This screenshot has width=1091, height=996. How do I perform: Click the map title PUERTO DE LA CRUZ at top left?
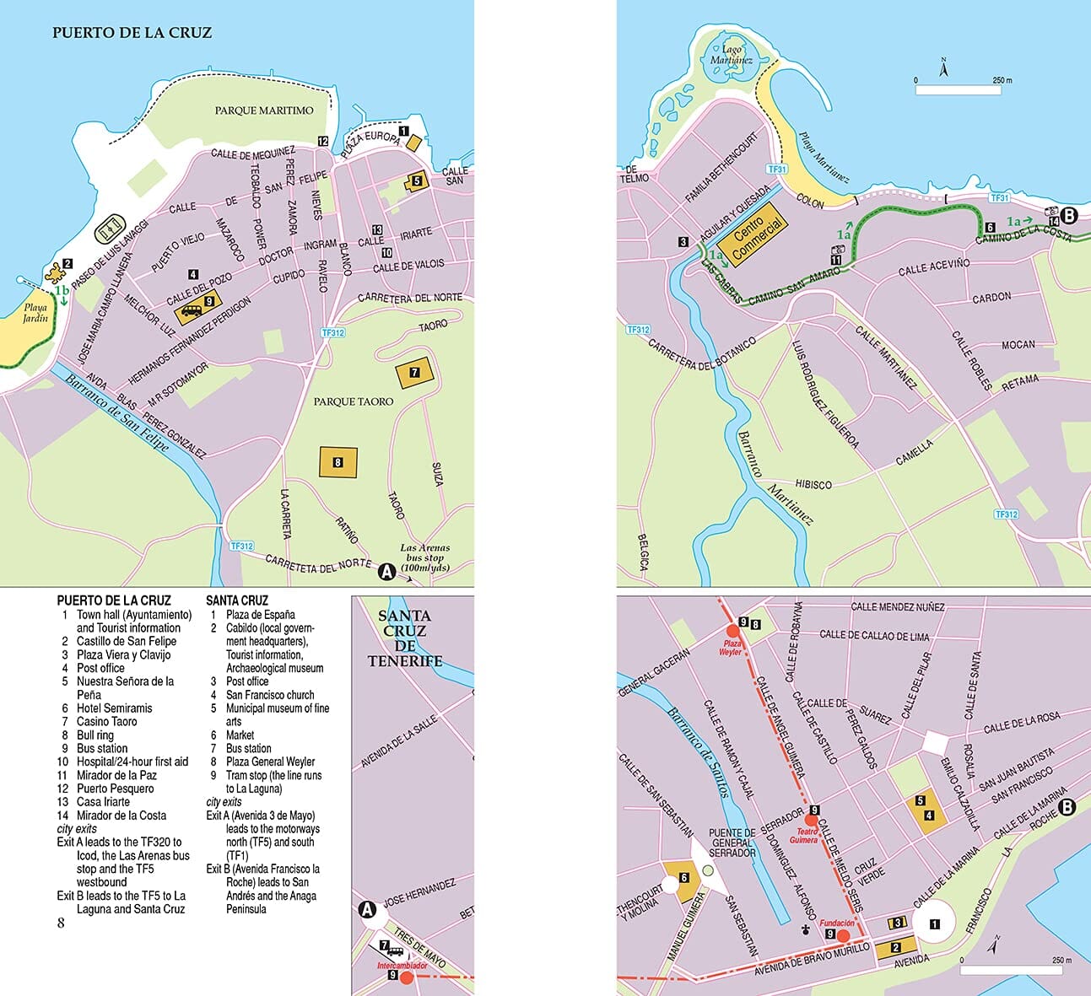tap(132, 33)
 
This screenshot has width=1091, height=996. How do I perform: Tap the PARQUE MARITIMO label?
tap(263, 110)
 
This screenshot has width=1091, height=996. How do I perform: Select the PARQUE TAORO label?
tap(354, 401)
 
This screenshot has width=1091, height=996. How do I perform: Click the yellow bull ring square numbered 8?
tap(338, 462)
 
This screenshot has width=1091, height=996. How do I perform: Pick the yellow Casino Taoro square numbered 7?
tap(414, 372)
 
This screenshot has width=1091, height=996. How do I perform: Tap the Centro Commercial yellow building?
tap(757, 234)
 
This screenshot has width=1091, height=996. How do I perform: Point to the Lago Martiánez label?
tap(731, 55)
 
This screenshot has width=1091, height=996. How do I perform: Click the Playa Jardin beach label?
tap(35, 313)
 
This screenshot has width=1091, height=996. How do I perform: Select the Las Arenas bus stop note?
tap(424, 557)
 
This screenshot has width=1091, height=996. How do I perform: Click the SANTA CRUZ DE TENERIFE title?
tap(405, 638)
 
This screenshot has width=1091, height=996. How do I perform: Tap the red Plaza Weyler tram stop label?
tap(730, 648)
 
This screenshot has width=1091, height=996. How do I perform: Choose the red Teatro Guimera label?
tap(803, 835)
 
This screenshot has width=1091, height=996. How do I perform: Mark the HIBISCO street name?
tap(813, 485)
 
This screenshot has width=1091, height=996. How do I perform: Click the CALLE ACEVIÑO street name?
tap(933, 267)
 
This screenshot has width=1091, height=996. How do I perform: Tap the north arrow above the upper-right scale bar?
tap(944, 67)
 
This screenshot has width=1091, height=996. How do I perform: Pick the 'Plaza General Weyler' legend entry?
tap(270, 762)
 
